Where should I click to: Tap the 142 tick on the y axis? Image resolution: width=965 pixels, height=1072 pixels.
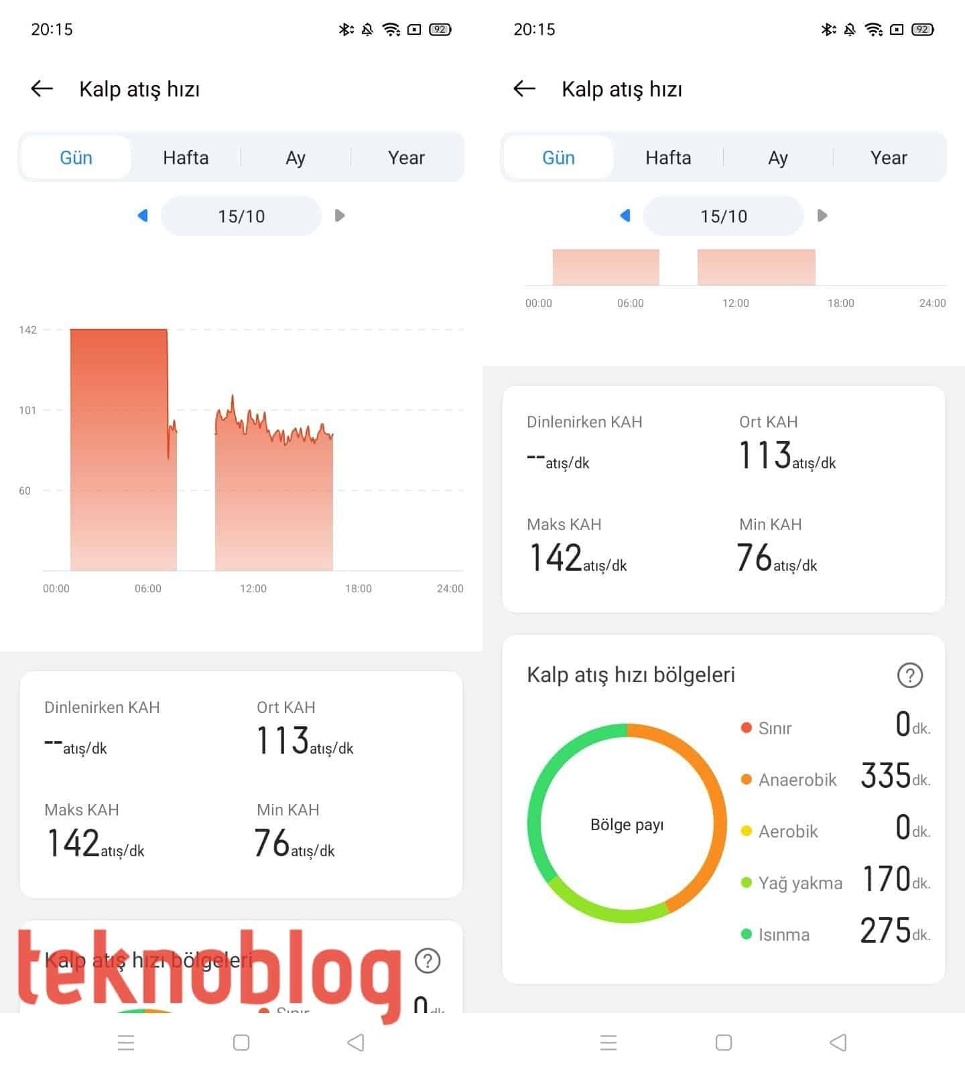(27, 330)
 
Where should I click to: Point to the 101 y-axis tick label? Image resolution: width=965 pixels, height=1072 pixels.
(27, 410)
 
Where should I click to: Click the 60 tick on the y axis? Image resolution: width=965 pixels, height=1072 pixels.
(25, 490)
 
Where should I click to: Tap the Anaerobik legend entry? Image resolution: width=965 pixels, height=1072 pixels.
(797, 780)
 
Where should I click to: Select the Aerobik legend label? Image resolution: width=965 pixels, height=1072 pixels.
(787, 831)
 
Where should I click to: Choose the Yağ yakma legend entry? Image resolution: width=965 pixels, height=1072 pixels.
(799, 883)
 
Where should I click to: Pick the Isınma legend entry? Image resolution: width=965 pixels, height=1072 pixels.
(783, 935)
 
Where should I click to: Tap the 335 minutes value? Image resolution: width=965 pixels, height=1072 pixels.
(886, 776)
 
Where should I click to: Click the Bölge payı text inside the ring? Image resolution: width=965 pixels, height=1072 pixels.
(627, 825)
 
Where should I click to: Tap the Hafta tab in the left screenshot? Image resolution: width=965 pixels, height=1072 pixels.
(186, 157)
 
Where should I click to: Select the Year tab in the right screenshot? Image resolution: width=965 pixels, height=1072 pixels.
(889, 157)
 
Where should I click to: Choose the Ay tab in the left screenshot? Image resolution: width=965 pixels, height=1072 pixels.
(296, 157)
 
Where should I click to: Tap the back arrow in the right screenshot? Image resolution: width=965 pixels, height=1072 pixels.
(524, 88)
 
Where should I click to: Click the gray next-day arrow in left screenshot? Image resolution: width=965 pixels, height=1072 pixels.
(340, 216)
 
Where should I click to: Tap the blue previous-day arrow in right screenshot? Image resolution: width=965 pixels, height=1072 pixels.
(625, 216)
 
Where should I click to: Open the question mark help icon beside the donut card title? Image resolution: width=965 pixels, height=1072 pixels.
(909, 675)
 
